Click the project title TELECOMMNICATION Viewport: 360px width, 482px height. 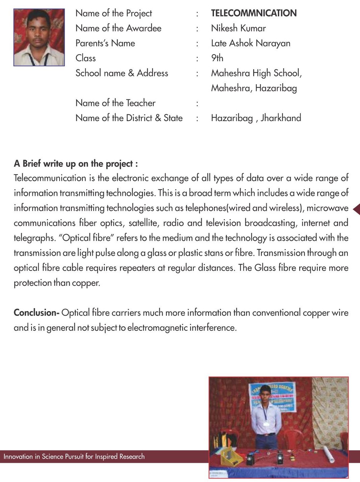pos(254,13)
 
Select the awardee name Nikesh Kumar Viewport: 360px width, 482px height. pos(238,28)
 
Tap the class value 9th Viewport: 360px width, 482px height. pos(217,58)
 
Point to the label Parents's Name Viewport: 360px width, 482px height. pos(105,43)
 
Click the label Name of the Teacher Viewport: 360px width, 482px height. pos(115,103)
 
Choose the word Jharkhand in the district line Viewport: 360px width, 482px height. pos(281,118)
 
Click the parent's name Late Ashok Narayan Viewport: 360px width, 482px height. pos(250,43)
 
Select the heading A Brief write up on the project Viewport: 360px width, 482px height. pos(75,164)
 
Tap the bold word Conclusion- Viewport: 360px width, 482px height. pos(37,313)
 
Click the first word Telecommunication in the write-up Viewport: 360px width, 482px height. pos(50,178)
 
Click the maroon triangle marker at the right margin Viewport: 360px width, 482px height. pos(356,209)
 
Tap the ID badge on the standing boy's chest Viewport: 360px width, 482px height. pos(266,423)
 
